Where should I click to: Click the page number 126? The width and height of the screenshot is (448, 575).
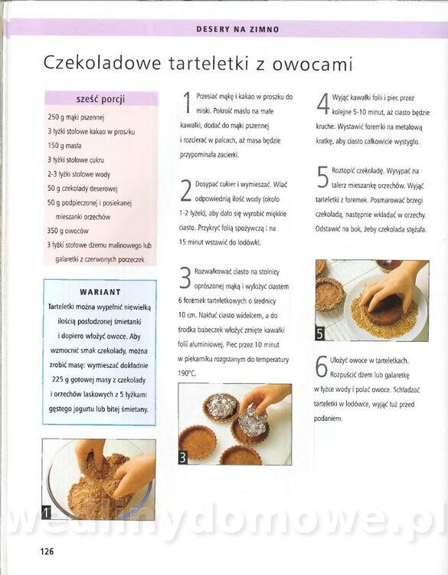click(x=47, y=551)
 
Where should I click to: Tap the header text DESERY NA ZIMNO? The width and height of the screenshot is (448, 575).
click(x=237, y=29)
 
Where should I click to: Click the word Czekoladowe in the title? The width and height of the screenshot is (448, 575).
click(x=102, y=63)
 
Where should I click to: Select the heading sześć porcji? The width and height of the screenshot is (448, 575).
click(x=101, y=99)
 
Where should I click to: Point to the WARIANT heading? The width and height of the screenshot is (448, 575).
click(x=100, y=292)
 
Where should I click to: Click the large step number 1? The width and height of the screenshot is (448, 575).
click(x=187, y=103)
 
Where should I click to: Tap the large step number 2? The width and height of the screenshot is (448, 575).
click(x=186, y=191)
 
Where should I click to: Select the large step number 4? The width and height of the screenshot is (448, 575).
click(x=323, y=104)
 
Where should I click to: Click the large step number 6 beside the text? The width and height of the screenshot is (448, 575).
click(x=321, y=366)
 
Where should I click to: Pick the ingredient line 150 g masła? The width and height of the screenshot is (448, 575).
click(x=64, y=146)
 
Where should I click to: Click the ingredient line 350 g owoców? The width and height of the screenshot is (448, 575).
click(x=67, y=231)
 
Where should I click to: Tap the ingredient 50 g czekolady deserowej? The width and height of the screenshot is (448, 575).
click(x=83, y=189)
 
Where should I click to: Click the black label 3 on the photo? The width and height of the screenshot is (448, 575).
click(x=182, y=458)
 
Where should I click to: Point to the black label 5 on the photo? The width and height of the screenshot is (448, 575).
click(x=320, y=333)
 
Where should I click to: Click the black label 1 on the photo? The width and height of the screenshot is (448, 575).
click(x=46, y=512)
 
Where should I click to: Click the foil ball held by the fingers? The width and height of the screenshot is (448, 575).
click(x=253, y=422)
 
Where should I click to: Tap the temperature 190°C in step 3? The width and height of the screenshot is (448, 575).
click(x=187, y=373)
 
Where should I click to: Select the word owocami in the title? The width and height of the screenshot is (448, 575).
click(x=312, y=64)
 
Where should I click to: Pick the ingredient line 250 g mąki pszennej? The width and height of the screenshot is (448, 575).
click(x=76, y=117)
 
